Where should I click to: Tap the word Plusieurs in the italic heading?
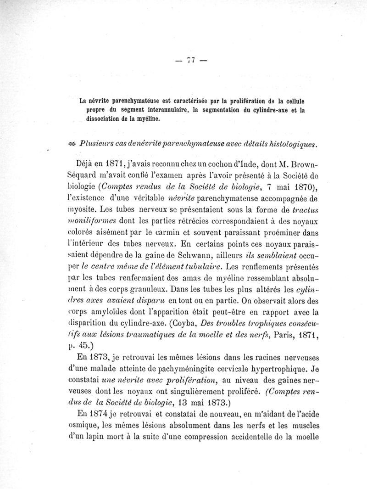(x=95, y=144)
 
